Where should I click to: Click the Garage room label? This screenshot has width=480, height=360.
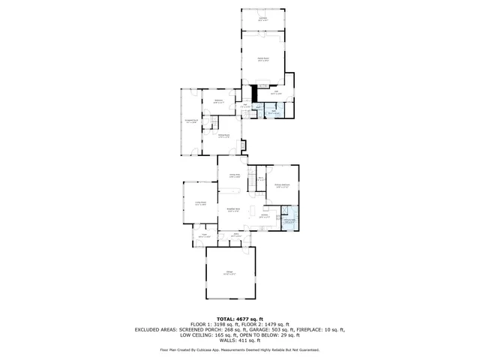pos(230,272)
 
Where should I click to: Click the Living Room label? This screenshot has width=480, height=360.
pos(200,202)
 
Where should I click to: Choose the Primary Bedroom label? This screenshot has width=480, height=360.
pos(283,185)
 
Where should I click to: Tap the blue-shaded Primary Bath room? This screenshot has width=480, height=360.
pos(289,221)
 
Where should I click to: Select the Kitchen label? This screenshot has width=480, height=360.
pos(265,214)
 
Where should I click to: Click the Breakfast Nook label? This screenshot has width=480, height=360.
pos(233,210)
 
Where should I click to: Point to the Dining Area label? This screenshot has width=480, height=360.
pos(234,175)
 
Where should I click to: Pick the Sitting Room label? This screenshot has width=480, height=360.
pos(223,136)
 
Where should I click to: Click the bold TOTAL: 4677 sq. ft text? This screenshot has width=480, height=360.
pos(239,318)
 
